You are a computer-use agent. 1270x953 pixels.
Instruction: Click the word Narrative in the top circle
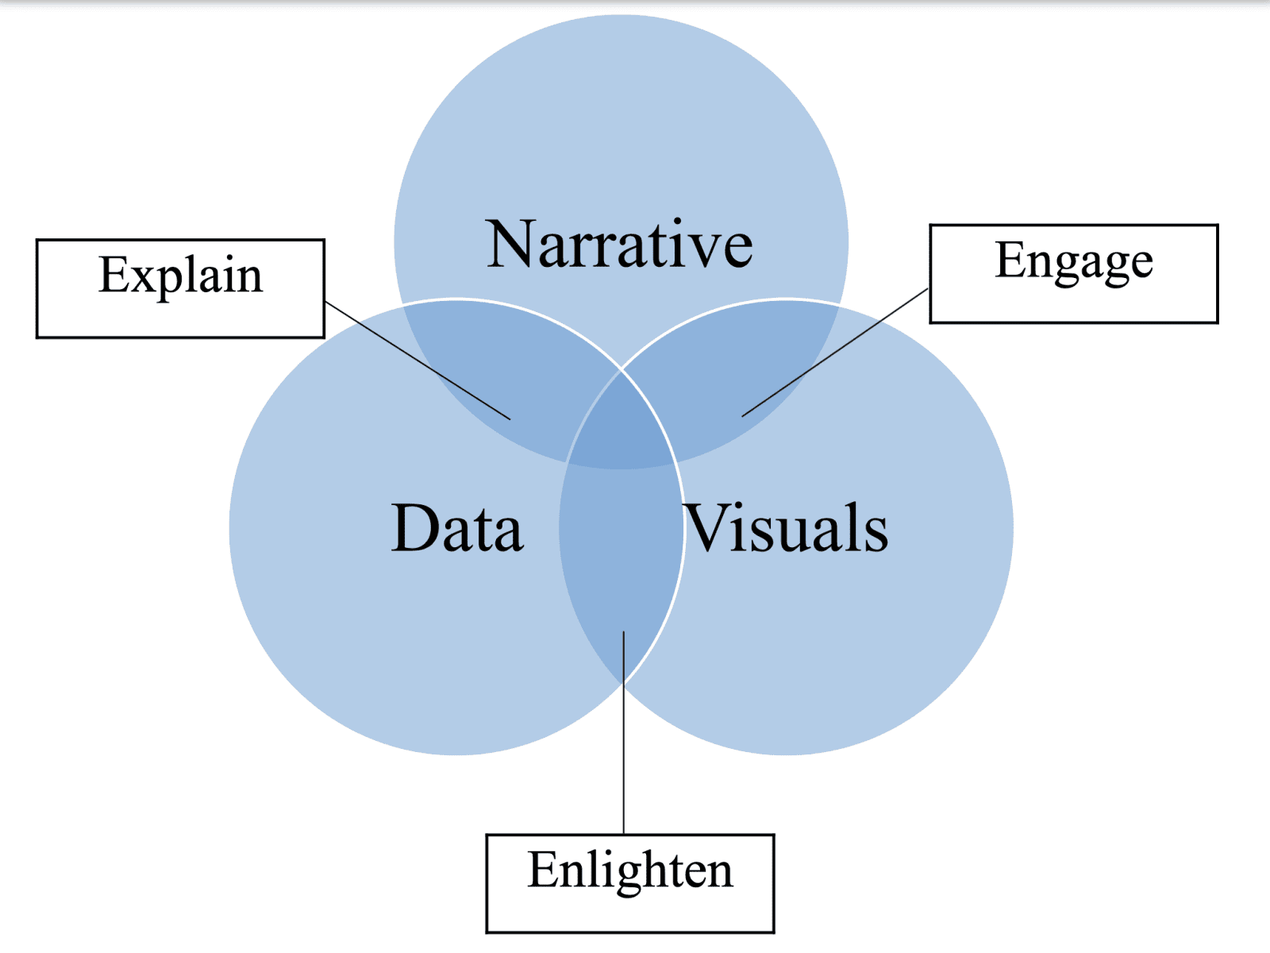click(x=620, y=245)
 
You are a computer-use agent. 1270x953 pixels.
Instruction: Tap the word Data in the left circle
click(x=457, y=528)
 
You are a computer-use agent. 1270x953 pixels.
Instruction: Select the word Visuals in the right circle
click(x=786, y=528)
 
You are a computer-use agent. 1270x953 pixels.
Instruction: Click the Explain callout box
click(x=180, y=288)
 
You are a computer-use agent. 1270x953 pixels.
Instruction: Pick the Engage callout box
click(x=1073, y=274)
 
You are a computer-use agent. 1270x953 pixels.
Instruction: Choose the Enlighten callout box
click(x=629, y=883)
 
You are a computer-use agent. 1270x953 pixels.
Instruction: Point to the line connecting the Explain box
click(x=417, y=360)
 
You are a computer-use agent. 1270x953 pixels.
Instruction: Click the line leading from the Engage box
click(x=833, y=353)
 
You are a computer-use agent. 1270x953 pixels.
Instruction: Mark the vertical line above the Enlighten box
click(x=624, y=731)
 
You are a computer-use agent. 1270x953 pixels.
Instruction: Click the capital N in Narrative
click(x=513, y=245)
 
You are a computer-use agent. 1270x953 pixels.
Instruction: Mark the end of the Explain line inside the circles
click(x=509, y=419)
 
